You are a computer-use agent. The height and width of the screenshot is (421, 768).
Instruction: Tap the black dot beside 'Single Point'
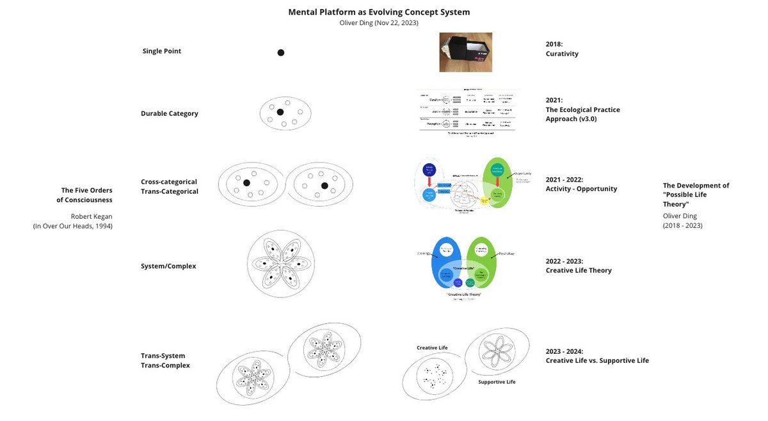[x=280, y=52]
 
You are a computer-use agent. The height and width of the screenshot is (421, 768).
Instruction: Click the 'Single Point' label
[x=162, y=51]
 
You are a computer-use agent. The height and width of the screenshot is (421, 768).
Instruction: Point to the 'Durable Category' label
[x=170, y=114]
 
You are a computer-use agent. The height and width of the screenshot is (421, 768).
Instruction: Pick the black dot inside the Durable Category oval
[x=280, y=113]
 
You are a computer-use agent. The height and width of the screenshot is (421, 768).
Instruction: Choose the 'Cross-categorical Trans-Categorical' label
[x=170, y=186]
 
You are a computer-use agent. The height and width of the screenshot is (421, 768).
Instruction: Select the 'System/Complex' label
[x=168, y=266]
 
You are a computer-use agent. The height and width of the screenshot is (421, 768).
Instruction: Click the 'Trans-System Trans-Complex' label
[x=165, y=360]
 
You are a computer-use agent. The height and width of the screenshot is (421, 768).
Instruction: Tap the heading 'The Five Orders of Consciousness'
[x=86, y=195]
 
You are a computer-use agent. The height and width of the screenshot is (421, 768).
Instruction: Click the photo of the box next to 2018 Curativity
[x=465, y=52]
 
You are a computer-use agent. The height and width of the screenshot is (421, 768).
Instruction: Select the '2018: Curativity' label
[x=562, y=49]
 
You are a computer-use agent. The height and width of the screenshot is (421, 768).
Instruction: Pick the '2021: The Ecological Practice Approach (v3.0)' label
[x=582, y=109]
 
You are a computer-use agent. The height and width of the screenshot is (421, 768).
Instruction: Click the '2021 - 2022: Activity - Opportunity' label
[x=581, y=184]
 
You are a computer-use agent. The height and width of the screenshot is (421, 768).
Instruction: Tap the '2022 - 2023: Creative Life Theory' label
[x=579, y=266]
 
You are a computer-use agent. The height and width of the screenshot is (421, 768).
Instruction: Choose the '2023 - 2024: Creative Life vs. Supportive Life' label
[x=596, y=356]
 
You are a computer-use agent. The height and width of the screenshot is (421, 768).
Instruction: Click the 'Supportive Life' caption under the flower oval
[x=497, y=382]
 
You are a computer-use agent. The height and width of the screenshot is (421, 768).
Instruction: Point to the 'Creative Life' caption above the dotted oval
[x=432, y=347]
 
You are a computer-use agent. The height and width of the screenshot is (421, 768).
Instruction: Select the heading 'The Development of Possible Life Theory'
[x=696, y=194]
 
